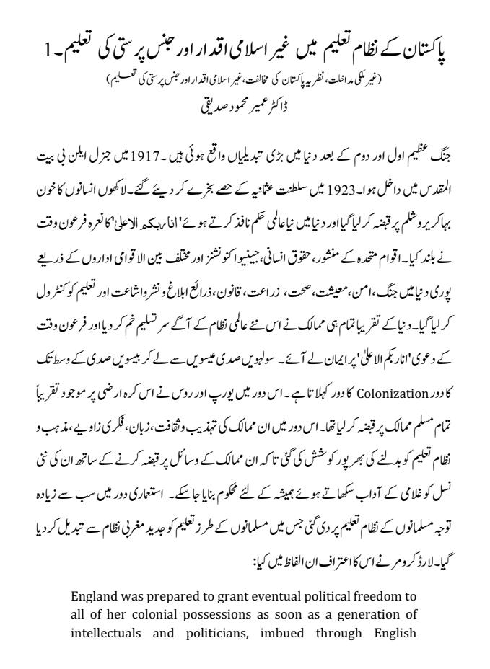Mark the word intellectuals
click(109, 629)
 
